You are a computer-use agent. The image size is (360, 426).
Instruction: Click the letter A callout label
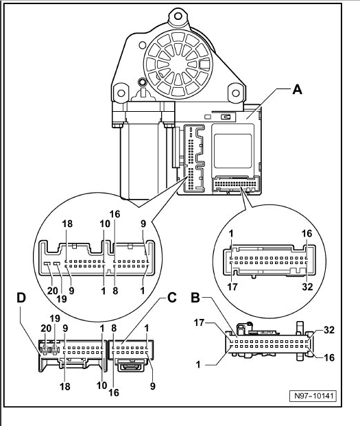coord(298,89)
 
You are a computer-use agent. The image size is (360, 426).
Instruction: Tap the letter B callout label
coord(195,298)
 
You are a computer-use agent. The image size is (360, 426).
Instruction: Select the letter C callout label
coord(171,298)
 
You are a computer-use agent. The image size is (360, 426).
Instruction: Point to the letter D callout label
coord(21,298)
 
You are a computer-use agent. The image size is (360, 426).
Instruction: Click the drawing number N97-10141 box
coord(313,396)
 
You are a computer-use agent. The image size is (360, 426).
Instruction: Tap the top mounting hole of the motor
coord(178,16)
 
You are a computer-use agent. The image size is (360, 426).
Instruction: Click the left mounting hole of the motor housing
coord(121,93)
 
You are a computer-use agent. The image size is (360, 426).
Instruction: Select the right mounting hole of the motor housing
coord(236,93)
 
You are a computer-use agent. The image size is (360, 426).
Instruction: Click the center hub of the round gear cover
coord(178,64)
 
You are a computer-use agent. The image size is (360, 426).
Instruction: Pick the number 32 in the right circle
coord(307,287)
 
